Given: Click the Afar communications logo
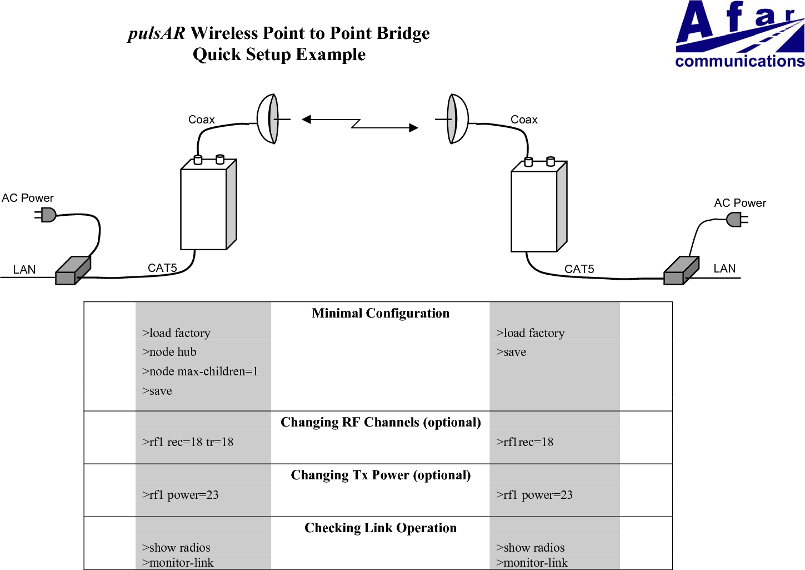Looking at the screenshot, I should coord(739,34).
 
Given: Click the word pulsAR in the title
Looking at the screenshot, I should coord(156,33).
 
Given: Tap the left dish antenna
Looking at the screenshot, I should coord(269,119).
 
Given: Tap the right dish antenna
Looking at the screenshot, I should coord(457,119).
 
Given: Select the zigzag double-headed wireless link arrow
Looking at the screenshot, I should coord(359,123).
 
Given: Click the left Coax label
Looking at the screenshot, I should coord(201,120).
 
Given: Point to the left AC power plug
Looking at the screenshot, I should coord(47,215).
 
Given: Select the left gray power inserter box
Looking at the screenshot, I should coord(72,271).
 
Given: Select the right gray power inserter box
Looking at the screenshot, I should coord(681,271).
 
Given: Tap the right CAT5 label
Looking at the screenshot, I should coord(579,269).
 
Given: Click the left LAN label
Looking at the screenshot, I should coord(24,270).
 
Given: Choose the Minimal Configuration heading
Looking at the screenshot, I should coord(381,313).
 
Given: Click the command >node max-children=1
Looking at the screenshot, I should coord(200,371).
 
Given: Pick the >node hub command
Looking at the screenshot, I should coord(169,352).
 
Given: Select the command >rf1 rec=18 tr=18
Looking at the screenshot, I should coord(188,442).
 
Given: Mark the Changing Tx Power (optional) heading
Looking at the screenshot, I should coord(381,475).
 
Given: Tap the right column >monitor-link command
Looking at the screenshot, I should coord(532,563).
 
